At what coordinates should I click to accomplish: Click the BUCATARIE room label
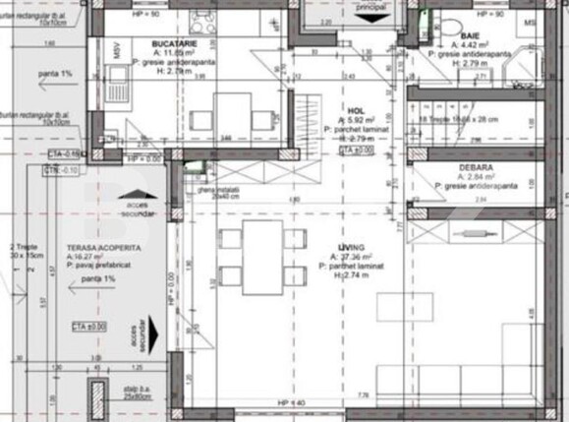point(171,45)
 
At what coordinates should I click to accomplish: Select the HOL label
point(356,111)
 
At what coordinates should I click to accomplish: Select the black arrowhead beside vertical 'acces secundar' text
point(145,324)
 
